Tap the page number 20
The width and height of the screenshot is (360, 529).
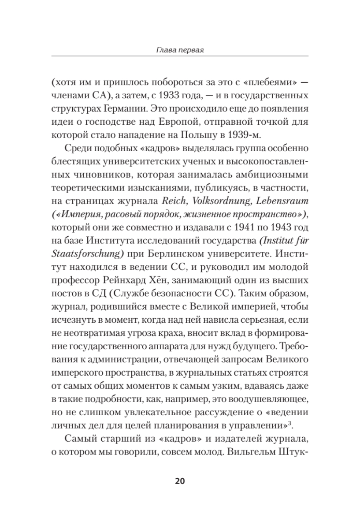click(180, 481)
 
